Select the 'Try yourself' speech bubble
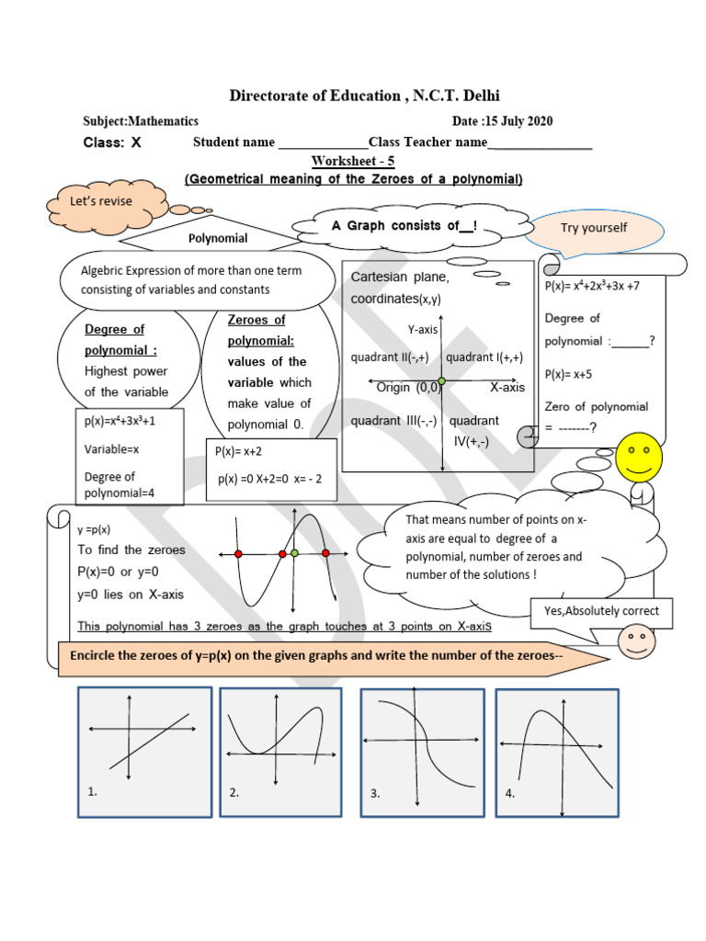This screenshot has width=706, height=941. pos(593,229)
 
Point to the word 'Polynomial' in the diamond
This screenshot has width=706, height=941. pos(218,238)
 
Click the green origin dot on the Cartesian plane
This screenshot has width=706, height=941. pos(442,380)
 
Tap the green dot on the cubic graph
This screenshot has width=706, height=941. pos(294,553)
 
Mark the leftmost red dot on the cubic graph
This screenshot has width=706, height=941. pos(238,554)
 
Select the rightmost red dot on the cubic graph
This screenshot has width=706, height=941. pos(326,553)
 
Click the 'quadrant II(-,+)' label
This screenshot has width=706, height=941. pos(390,357)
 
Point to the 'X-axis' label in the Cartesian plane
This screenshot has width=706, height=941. pos(507,388)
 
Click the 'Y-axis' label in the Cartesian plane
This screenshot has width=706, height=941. pos(423,329)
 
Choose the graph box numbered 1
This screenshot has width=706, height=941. pos(144,751)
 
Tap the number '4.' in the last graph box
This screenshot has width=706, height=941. pos(510,792)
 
